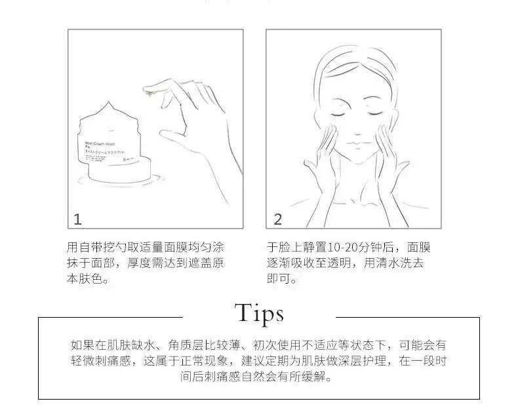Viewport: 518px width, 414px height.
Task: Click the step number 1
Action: click(x=78, y=219)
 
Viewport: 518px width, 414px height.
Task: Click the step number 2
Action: click(x=277, y=219)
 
